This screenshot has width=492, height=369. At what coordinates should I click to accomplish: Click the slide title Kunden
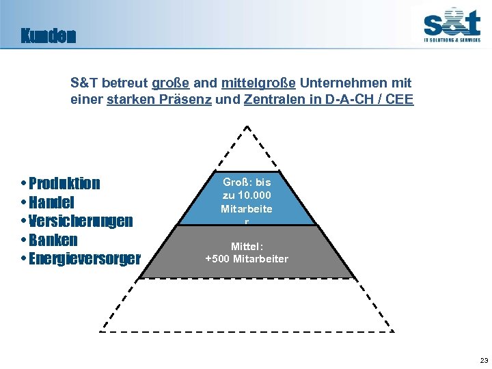48,36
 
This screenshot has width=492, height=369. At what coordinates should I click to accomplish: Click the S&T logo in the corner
451,26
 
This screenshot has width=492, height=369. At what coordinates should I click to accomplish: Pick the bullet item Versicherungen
81,221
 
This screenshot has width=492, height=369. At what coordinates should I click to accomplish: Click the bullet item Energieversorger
84,259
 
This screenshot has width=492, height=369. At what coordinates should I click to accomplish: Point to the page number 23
484,360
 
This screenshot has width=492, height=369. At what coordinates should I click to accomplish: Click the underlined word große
171,83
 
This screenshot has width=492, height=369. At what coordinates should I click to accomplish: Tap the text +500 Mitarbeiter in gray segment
247,259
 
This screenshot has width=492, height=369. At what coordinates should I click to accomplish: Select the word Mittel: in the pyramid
247,247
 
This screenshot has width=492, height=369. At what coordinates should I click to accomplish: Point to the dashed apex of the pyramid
247,128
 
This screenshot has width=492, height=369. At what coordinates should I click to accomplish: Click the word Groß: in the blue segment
238,182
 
